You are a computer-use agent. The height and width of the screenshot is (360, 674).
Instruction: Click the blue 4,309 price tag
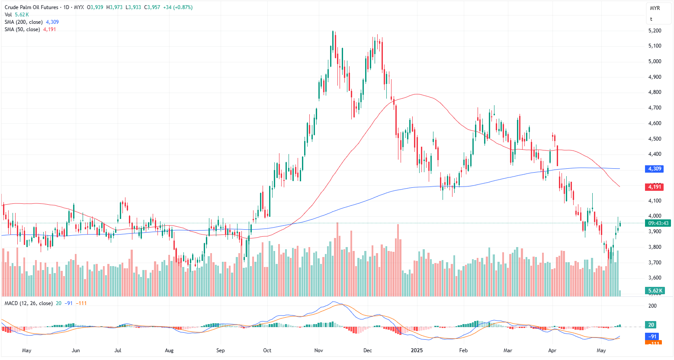pyautogui.click(x=654, y=169)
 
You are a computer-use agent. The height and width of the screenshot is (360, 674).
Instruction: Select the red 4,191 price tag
pyautogui.click(x=654, y=187)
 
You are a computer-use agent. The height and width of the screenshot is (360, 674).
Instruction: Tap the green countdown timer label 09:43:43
pyautogui.click(x=658, y=223)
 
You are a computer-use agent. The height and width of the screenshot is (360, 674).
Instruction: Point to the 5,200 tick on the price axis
pyautogui.click(x=655, y=31)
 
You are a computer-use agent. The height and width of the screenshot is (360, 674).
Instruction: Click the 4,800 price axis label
pyautogui.click(x=655, y=92)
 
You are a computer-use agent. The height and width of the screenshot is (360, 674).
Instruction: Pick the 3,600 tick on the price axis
pyautogui.click(x=655, y=278)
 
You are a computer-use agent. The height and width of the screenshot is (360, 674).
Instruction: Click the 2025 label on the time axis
pyautogui.click(x=417, y=350)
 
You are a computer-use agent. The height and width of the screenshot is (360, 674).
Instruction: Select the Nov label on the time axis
pyautogui.click(x=319, y=350)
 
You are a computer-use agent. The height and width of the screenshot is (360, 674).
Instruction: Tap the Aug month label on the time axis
pyautogui.click(x=169, y=350)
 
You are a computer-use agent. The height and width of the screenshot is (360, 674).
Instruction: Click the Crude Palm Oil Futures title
pyautogui.click(x=31, y=7)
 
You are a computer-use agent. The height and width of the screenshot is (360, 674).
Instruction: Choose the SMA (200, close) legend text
pyautogui.click(x=24, y=22)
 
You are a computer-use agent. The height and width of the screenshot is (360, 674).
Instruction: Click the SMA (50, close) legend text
pyautogui.click(x=22, y=29)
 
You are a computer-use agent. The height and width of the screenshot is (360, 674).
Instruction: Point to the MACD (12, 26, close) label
pyautogui.click(x=29, y=303)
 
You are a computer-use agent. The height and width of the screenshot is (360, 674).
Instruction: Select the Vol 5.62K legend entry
pyautogui.click(x=16, y=15)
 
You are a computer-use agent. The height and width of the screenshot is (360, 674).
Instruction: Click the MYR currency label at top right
pyautogui.click(x=655, y=8)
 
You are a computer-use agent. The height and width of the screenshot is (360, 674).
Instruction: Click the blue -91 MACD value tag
pyautogui.click(x=652, y=336)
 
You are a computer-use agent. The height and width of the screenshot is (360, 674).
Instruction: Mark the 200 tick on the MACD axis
pyautogui.click(x=652, y=306)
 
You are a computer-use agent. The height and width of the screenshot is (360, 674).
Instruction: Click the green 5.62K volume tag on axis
pyautogui.click(x=654, y=291)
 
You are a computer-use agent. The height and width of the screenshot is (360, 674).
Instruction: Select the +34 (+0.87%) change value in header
pyautogui.click(x=178, y=7)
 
